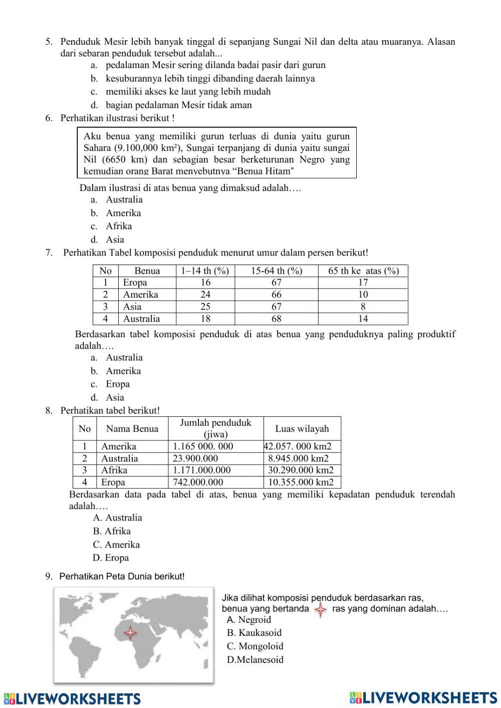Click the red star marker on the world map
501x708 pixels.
[130, 632]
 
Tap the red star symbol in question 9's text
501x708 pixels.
[320, 610]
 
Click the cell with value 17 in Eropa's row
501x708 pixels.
[363, 283]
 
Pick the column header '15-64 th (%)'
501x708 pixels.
[277, 271]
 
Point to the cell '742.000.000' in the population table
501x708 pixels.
[198, 483]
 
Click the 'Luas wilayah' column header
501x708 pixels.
[302, 428]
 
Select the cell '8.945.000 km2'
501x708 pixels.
[298, 458]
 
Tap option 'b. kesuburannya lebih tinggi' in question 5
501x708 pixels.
[209, 78]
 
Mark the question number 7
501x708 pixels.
[49, 253]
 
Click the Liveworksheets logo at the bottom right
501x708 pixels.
[423, 697]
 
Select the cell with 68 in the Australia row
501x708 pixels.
[277, 319]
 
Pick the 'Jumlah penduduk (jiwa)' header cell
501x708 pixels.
[215, 428]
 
